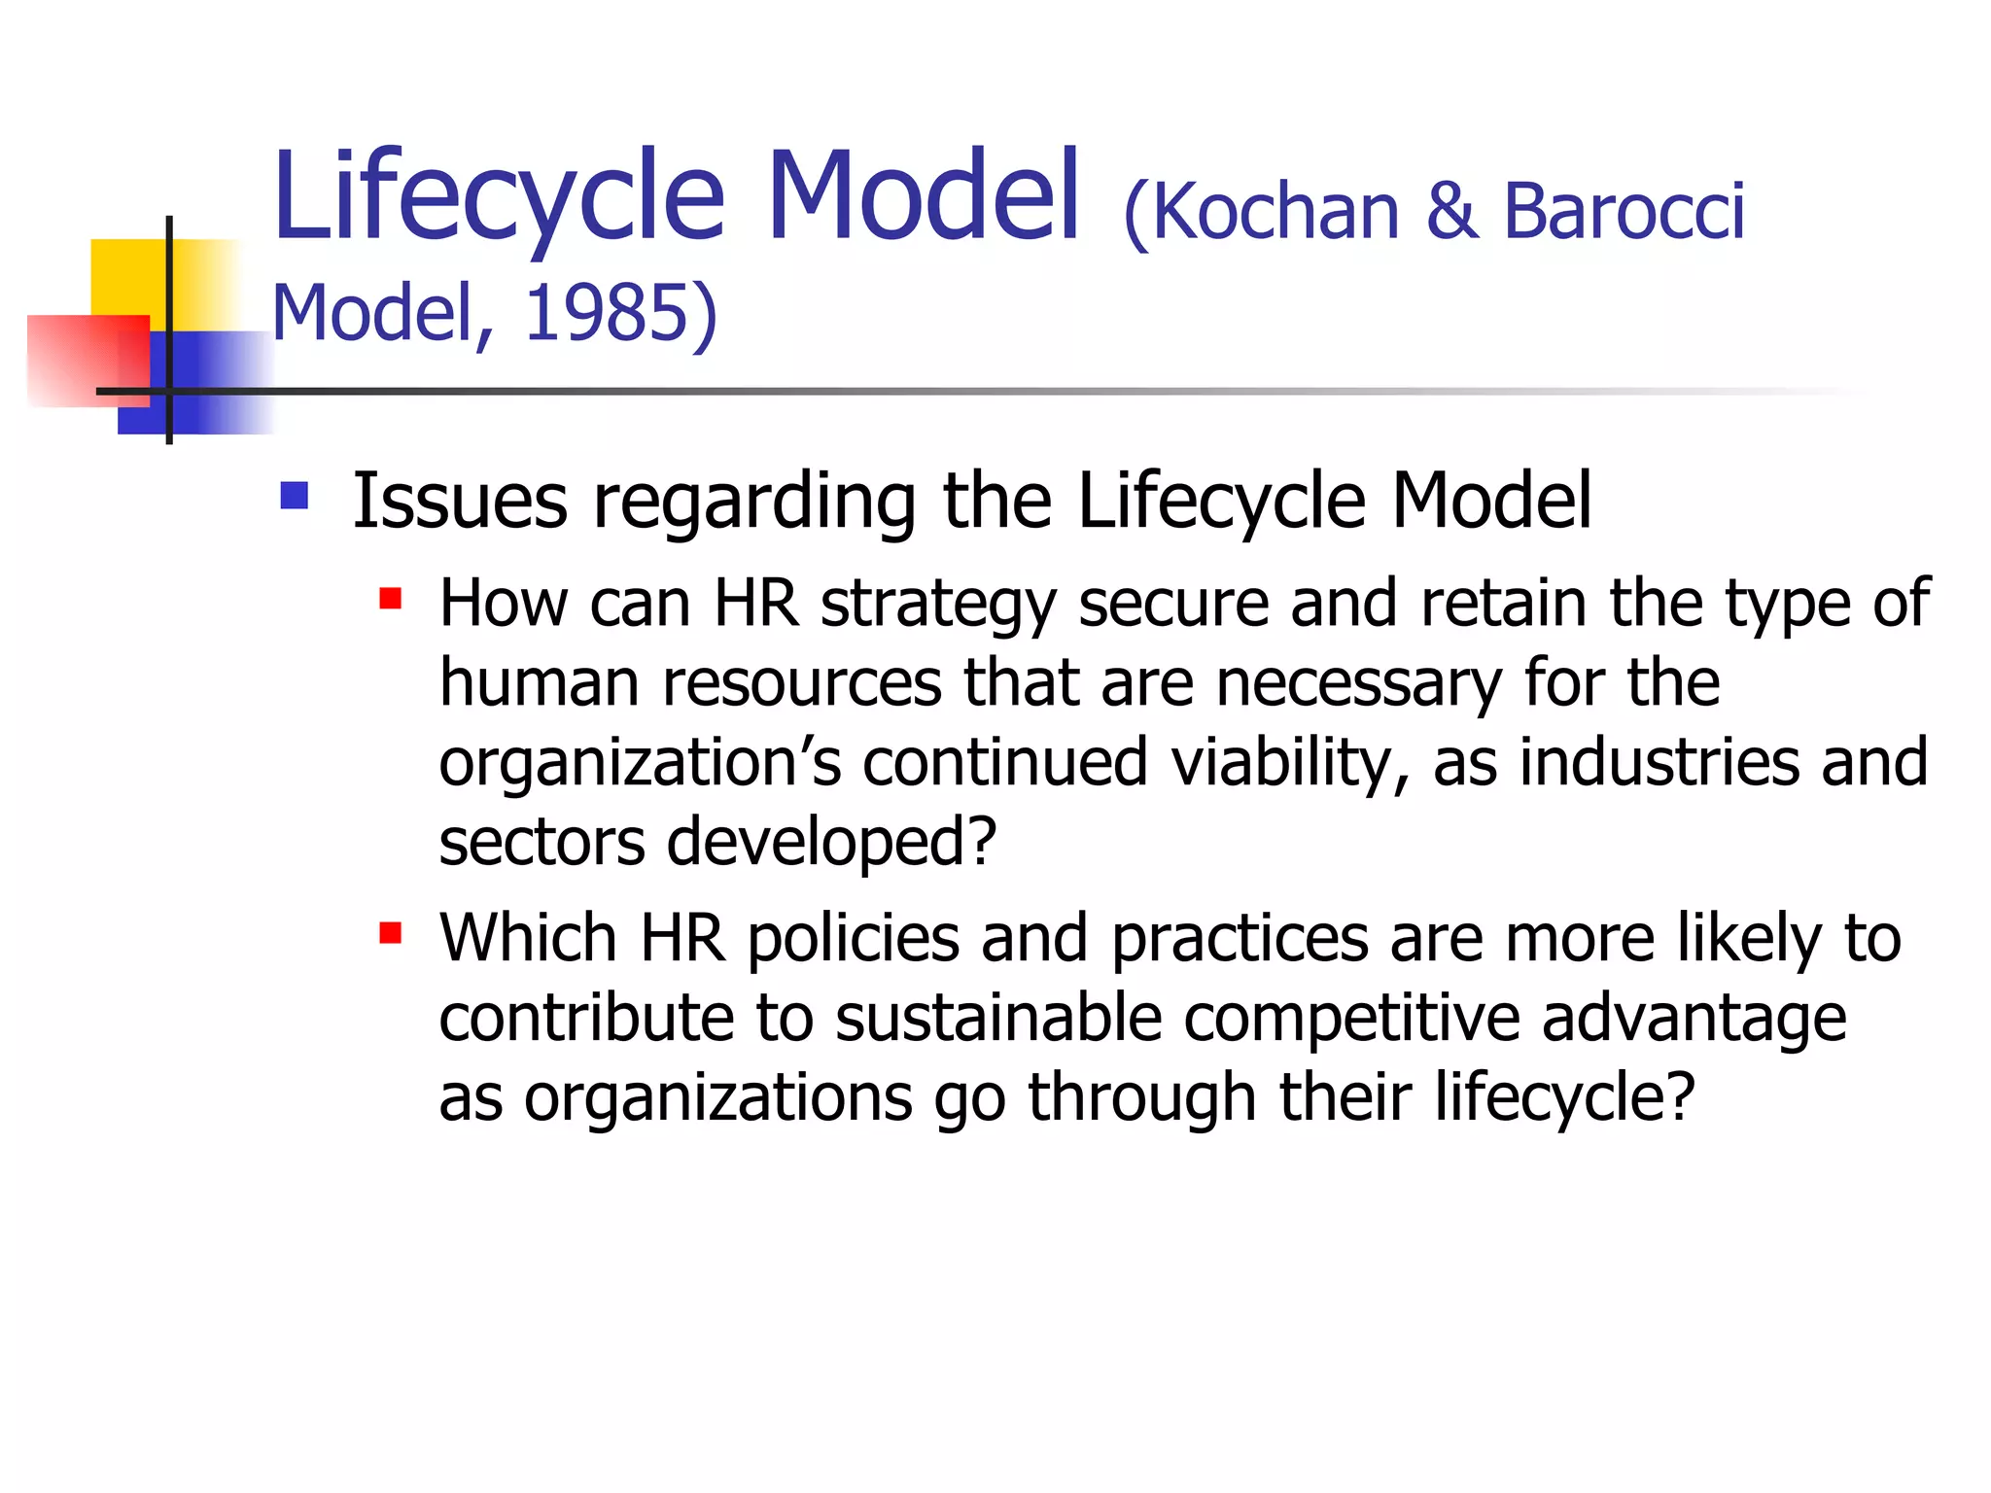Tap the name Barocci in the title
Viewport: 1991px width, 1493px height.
(x=1624, y=212)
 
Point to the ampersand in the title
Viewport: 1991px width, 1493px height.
(x=1451, y=212)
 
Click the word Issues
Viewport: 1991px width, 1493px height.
(x=460, y=501)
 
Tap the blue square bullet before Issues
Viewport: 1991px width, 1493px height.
(x=294, y=496)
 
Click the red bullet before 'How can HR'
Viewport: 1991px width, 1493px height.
(x=391, y=597)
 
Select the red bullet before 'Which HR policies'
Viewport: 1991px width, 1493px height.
(x=391, y=933)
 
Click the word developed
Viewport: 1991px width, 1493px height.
(x=831, y=842)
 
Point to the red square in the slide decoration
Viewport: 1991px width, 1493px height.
(x=78, y=360)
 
